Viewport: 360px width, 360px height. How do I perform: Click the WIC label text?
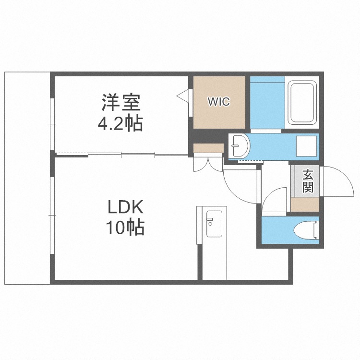(x=218, y=102)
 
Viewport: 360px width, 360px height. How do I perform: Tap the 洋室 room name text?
(x=120, y=103)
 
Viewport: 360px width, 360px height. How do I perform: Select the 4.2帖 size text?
(x=120, y=124)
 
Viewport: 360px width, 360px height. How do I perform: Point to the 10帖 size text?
(x=125, y=228)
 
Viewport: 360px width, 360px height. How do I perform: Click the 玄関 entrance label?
(x=307, y=181)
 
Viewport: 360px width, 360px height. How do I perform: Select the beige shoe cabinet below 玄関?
(x=305, y=204)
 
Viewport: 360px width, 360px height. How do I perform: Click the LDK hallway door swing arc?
(x=238, y=185)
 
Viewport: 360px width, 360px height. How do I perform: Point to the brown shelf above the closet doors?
(x=208, y=148)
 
